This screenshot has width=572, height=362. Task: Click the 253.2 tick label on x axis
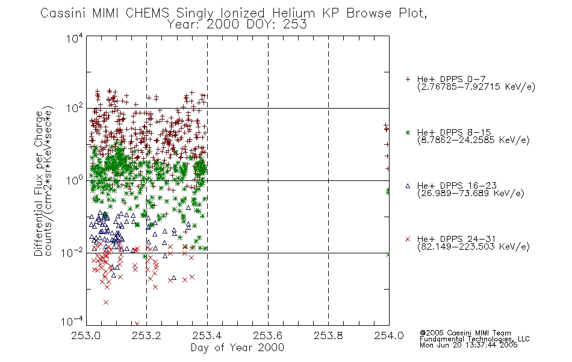tap(146, 335)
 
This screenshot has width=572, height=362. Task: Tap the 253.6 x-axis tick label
tap(268, 335)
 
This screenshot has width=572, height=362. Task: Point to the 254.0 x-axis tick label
tap(389, 335)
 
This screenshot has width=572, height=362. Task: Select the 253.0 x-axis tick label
tap(85, 335)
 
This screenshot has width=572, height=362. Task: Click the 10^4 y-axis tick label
tap(75, 38)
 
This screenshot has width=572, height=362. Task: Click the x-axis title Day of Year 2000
tap(237, 348)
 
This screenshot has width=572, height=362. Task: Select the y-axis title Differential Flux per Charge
tap(39, 183)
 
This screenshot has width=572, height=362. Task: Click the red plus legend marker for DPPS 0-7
tap(408, 79)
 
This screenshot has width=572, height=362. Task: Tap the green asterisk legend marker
tap(408, 132)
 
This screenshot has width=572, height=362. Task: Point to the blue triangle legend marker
tap(408, 186)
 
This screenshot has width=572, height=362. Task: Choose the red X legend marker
tap(408, 239)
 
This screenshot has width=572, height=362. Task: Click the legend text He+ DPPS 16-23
tap(457, 186)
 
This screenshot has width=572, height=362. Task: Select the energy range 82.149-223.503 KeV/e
tap(473, 247)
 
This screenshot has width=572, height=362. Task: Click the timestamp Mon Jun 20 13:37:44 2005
tap(468, 345)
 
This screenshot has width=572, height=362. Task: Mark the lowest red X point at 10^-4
tap(137, 323)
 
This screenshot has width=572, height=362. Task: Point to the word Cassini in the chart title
tap(63, 13)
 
